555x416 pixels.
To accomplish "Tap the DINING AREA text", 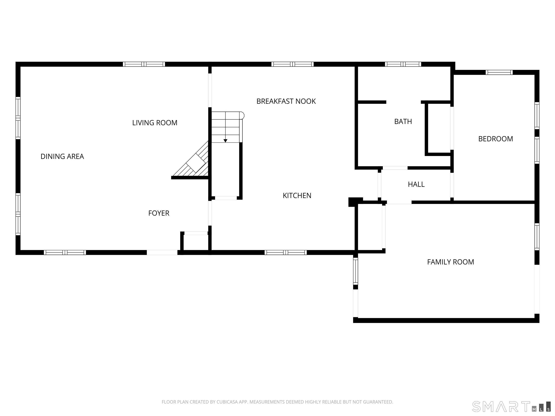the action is click(62, 157).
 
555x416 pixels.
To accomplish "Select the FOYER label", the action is click(159, 213).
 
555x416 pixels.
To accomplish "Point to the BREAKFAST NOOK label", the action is click(286, 101).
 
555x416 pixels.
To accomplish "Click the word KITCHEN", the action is click(297, 196).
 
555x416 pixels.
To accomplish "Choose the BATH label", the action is click(403, 122).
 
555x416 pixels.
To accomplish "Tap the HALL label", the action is click(416, 185).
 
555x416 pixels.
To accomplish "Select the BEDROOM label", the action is click(496, 139).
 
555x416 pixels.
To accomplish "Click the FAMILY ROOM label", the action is click(451, 262).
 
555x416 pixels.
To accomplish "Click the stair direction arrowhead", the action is click(225, 141).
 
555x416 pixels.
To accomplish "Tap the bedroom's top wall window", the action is click(499, 72).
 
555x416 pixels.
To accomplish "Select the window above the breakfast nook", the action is click(292, 64).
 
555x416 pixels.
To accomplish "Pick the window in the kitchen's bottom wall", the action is click(285, 253).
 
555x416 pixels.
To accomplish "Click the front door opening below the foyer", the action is click(162, 253).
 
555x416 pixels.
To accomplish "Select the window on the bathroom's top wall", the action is click(403, 64).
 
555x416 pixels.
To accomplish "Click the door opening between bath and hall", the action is click(395, 168).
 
